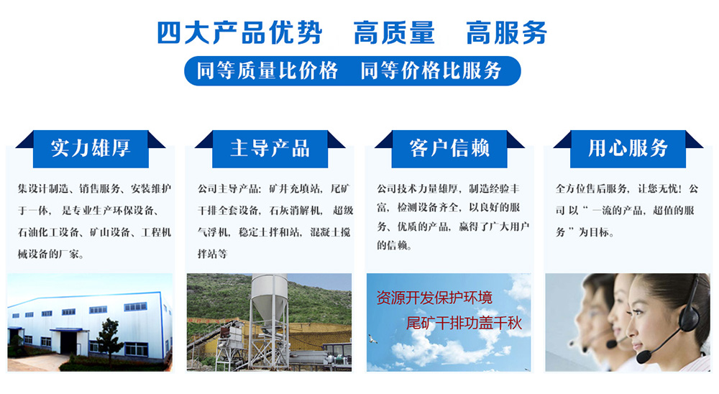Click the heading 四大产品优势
[239, 32]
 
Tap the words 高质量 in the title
[394, 32]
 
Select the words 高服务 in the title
[506, 32]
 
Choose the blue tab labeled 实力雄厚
[91, 149]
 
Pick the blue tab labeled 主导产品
[270, 149]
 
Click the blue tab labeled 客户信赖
[449, 149]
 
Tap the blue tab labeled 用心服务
[628, 149]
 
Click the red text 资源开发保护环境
[434, 298]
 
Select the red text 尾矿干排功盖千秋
[464, 324]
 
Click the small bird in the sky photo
[372, 339]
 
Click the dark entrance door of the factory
[69, 342]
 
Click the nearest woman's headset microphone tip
[644, 355]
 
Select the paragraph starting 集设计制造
[94, 221]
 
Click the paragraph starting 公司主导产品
[275, 221]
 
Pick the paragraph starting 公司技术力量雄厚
[453, 216]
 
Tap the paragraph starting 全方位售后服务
[627, 210]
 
